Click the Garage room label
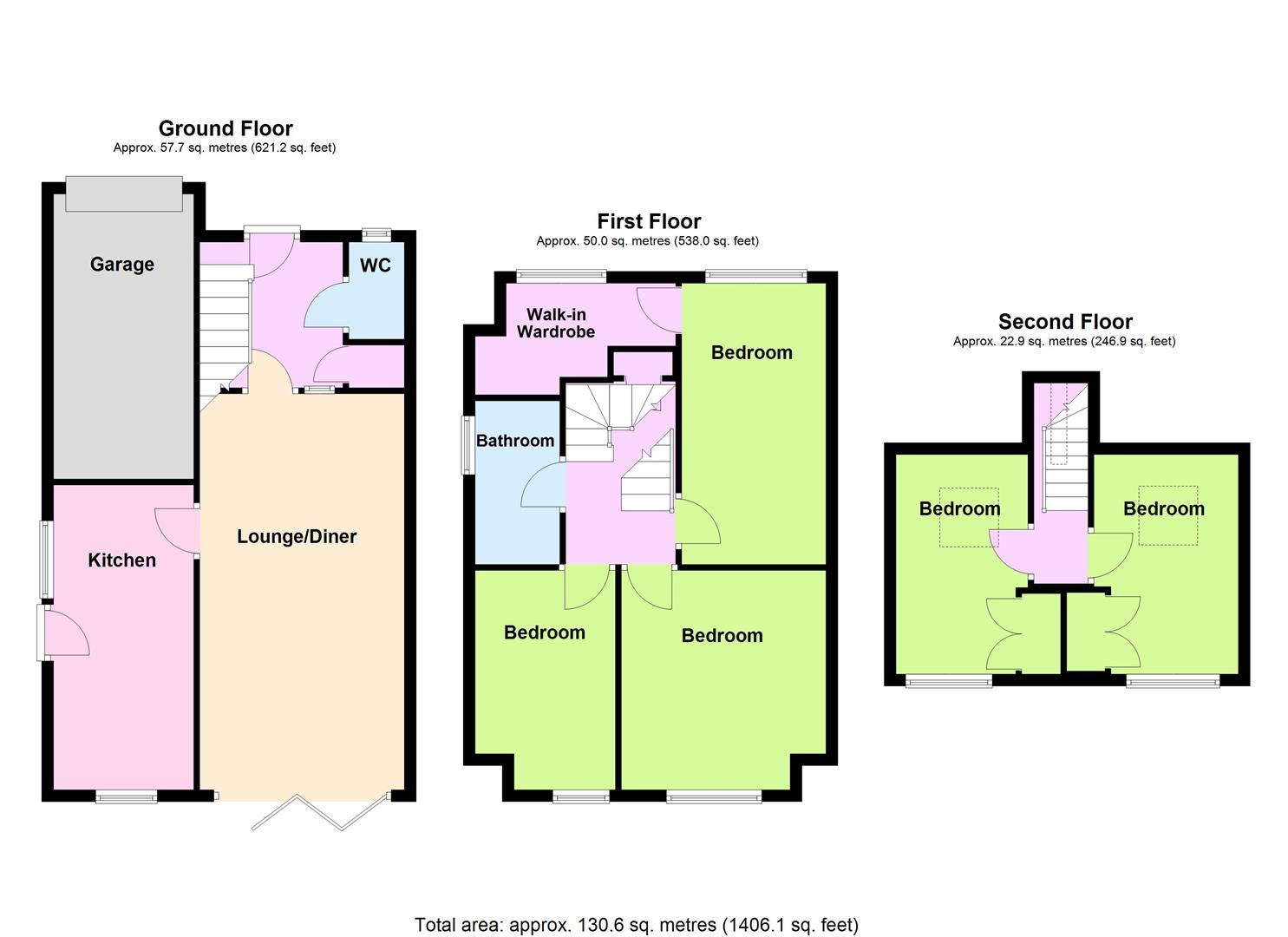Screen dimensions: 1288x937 [122, 265]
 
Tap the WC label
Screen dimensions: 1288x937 [376, 265]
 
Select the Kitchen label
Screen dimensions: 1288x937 [122, 560]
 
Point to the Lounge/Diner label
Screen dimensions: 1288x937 [297, 537]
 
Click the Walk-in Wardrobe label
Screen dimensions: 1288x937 [556, 324]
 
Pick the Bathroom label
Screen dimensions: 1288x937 [515, 441]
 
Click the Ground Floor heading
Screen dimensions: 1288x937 [226, 128]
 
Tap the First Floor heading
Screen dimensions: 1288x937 [649, 221]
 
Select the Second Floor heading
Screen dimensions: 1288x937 [1065, 322]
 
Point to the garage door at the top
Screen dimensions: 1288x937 [124, 193]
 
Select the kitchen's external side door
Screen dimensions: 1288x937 [64, 632]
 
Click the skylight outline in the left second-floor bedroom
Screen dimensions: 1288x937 [969, 517]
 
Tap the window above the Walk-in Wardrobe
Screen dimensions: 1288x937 [561, 276]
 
